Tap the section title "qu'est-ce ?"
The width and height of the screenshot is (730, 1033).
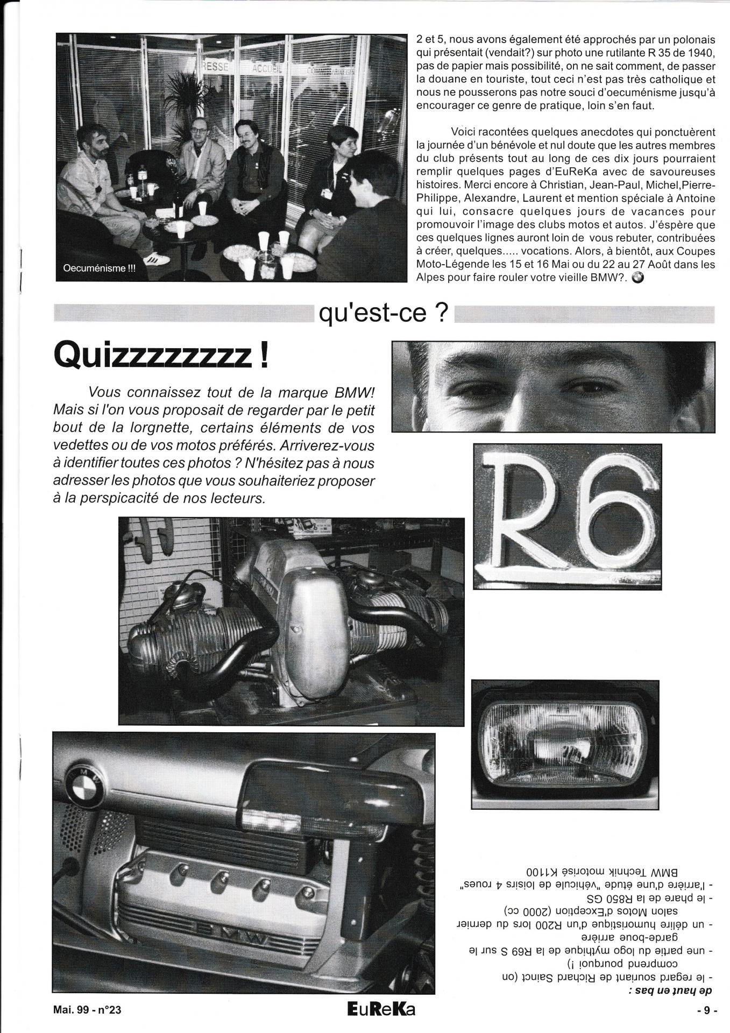384,314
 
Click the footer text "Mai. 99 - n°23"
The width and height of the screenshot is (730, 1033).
87,1010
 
